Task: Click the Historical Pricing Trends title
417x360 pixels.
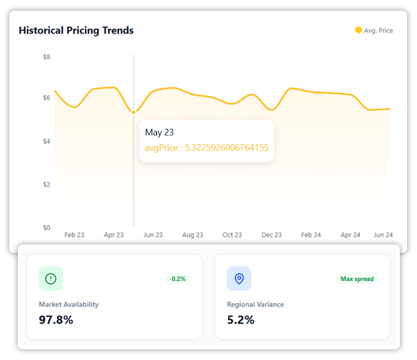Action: click(76, 31)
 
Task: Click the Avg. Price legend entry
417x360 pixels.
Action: click(374, 31)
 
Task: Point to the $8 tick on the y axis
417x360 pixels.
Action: click(46, 56)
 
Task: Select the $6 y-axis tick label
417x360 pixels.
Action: click(46, 98)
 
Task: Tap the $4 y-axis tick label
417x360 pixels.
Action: click(46, 141)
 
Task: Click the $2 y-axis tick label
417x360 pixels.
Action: click(46, 185)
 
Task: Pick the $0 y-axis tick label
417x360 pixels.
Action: click(46, 228)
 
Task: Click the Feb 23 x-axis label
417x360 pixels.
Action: click(74, 235)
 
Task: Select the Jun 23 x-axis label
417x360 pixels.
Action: click(153, 235)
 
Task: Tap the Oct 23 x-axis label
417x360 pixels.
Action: click(232, 235)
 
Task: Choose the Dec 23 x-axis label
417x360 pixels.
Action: click(272, 235)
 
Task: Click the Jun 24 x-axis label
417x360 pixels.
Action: click(383, 235)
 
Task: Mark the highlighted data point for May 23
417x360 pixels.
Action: click(133, 112)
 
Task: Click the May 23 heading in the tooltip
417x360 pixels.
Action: click(159, 133)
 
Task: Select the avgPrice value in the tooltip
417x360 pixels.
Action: click(207, 148)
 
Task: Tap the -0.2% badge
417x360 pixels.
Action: click(177, 279)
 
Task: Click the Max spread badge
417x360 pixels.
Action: click(357, 279)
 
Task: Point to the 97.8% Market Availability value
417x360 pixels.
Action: click(56, 319)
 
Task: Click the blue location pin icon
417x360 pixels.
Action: click(239, 279)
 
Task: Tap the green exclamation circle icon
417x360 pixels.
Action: click(51, 279)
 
